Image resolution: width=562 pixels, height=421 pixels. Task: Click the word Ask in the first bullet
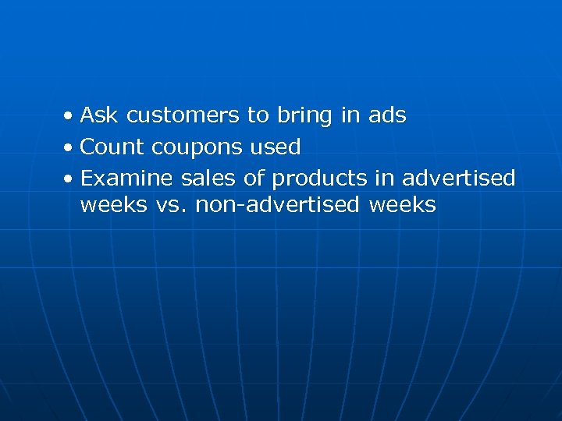[x=99, y=116]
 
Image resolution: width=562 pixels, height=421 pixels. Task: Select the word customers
[x=183, y=116]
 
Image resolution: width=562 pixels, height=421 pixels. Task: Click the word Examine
[x=127, y=179]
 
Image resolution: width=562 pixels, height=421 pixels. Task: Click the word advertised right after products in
[x=458, y=179]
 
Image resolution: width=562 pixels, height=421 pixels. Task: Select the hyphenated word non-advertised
[x=277, y=206]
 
